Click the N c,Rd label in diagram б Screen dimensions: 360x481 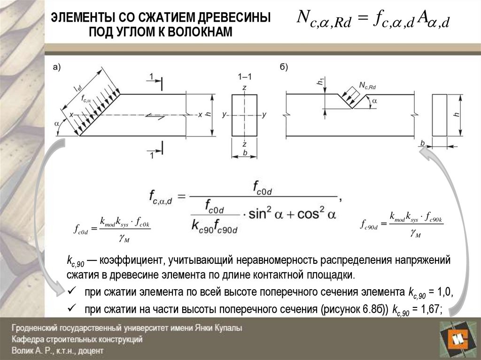point(367,85)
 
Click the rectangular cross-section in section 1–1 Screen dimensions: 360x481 point(244,115)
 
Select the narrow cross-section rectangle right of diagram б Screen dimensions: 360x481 point(440,115)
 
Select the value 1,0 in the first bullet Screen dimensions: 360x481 point(444,292)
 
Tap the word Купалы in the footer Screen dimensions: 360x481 point(227,329)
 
